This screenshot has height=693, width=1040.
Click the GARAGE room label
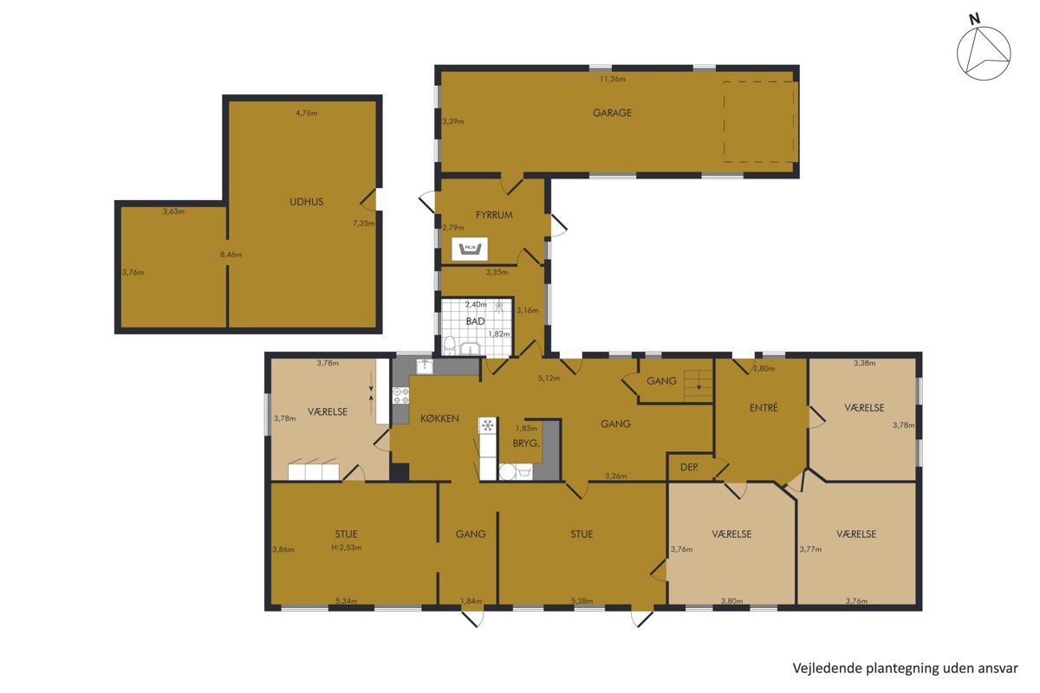click(x=612, y=113)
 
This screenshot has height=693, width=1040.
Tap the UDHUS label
click(x=307, y=202)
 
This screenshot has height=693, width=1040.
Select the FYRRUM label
click(x=494, y=215)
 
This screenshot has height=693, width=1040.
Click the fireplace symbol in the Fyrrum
click(x=470, y=249)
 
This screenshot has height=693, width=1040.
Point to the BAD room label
click(x=475, y=321)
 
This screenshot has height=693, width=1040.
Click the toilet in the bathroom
click(x=449, y=346)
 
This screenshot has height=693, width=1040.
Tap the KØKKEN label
click(x=439, y=418)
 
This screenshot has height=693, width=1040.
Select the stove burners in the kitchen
click(x=400, y=396)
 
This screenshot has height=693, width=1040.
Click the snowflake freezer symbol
click(x=487, y=424)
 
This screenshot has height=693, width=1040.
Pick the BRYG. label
click(x=525, y=444)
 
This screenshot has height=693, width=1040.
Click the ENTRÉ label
click(x=764, y=408)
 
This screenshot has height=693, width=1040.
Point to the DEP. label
click(x=689, y=468)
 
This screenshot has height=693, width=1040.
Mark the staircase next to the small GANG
click(x=698, y=385)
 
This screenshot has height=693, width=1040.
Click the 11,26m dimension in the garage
click(x=613, y=80)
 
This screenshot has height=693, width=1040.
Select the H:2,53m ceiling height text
click(x=346, y=547)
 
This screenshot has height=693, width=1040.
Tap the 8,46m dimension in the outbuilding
click(x=231, y=255)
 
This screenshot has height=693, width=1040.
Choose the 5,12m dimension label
click(x=549, y=379)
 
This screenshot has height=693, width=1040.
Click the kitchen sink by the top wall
click(x=425, y=366)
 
